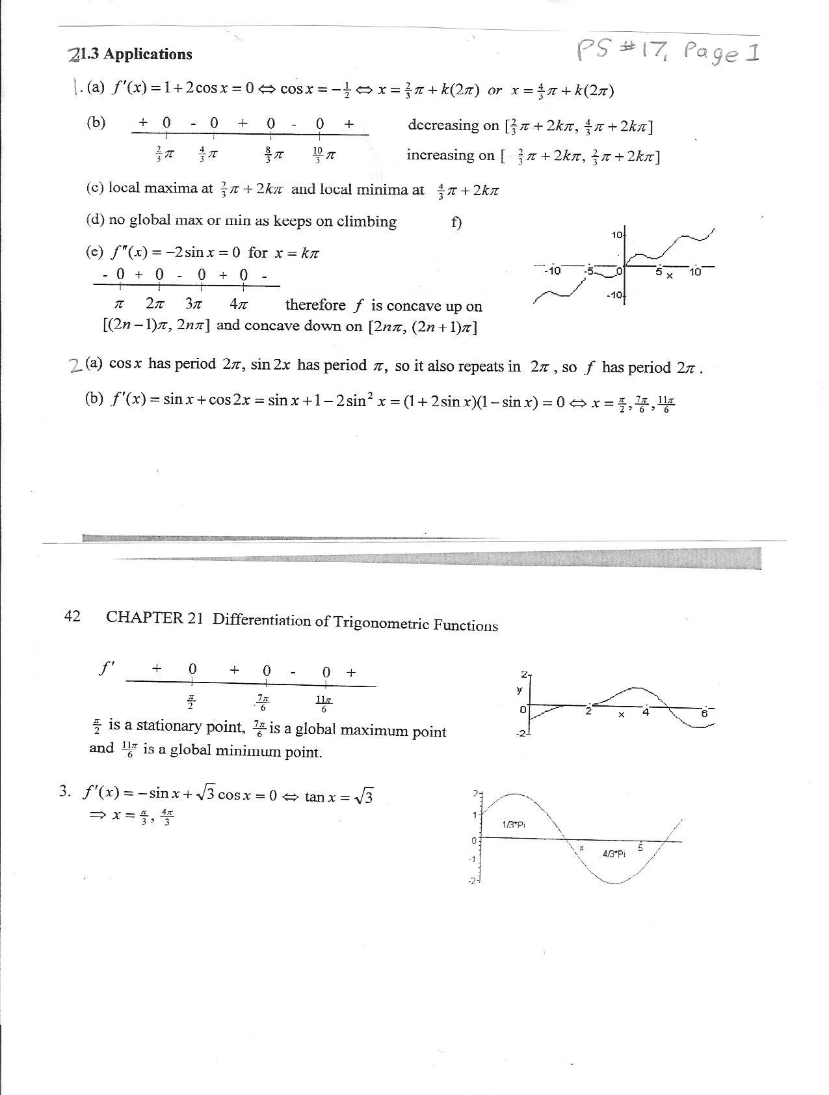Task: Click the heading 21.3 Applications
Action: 130,55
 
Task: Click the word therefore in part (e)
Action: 315,305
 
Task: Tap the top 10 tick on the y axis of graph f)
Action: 616,234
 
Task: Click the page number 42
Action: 72,616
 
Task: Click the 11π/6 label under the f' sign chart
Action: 324,704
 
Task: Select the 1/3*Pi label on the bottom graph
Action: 514,824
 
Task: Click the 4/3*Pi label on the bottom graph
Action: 614,854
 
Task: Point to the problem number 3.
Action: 64,792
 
